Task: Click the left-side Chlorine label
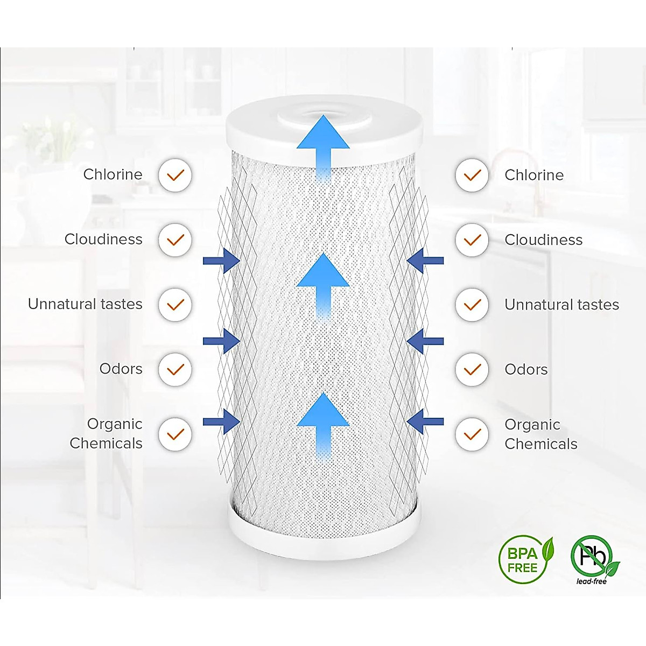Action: (113, 174)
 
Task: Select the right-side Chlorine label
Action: (534, 175)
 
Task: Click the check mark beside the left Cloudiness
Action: (175, 240)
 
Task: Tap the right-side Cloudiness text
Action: (543, 240)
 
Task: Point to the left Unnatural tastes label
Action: (85, 304)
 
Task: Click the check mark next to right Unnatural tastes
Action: (472, 305)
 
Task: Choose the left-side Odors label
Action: (121, 369)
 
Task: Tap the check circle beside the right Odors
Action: (472, 369)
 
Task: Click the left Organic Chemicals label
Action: (107, 433)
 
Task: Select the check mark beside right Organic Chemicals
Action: (472, 434)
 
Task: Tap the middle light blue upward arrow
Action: (323, 283)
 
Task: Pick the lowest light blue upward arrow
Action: (323, 423)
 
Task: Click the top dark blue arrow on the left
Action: (222, 261)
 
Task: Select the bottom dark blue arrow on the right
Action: (425, 421)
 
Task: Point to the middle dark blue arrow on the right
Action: (425, 341)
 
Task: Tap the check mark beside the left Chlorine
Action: (175, 175)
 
